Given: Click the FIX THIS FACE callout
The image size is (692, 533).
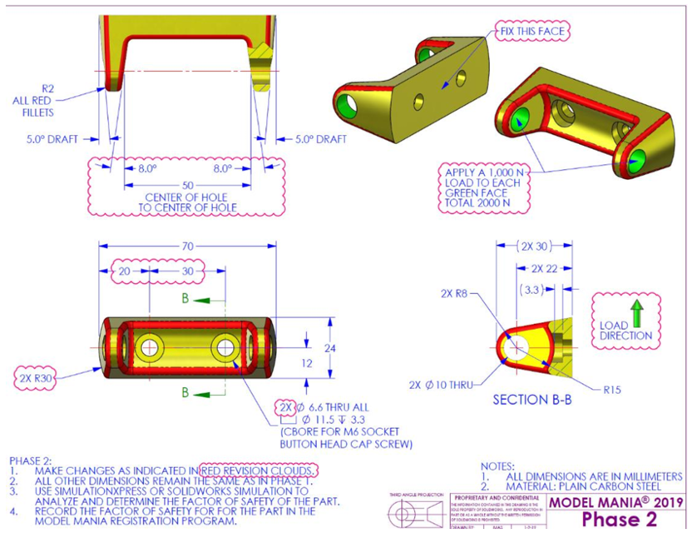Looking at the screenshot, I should (x=531, y=32).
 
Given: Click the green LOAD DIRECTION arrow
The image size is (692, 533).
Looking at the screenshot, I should (x=637, y=313).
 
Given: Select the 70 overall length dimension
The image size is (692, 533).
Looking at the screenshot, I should (x=188, y=246).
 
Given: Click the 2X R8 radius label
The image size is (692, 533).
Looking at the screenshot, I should (x=457, y=293).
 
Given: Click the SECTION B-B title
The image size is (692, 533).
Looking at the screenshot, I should (x=533, y=400).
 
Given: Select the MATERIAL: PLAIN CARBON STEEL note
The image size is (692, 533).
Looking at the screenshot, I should (x=587, y=486).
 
